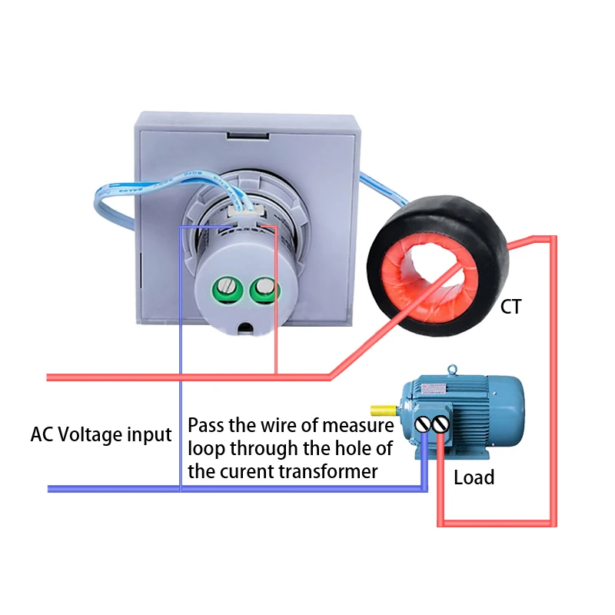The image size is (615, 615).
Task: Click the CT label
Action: click(510, 307)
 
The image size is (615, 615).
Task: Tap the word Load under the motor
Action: click(474, 477)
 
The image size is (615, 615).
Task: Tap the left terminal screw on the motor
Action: click(424, 424)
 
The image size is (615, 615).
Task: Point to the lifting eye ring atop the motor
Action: click(454, 371)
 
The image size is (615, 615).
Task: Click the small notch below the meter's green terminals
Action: click(245, 326)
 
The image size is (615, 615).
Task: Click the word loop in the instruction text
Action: click(205, 448)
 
